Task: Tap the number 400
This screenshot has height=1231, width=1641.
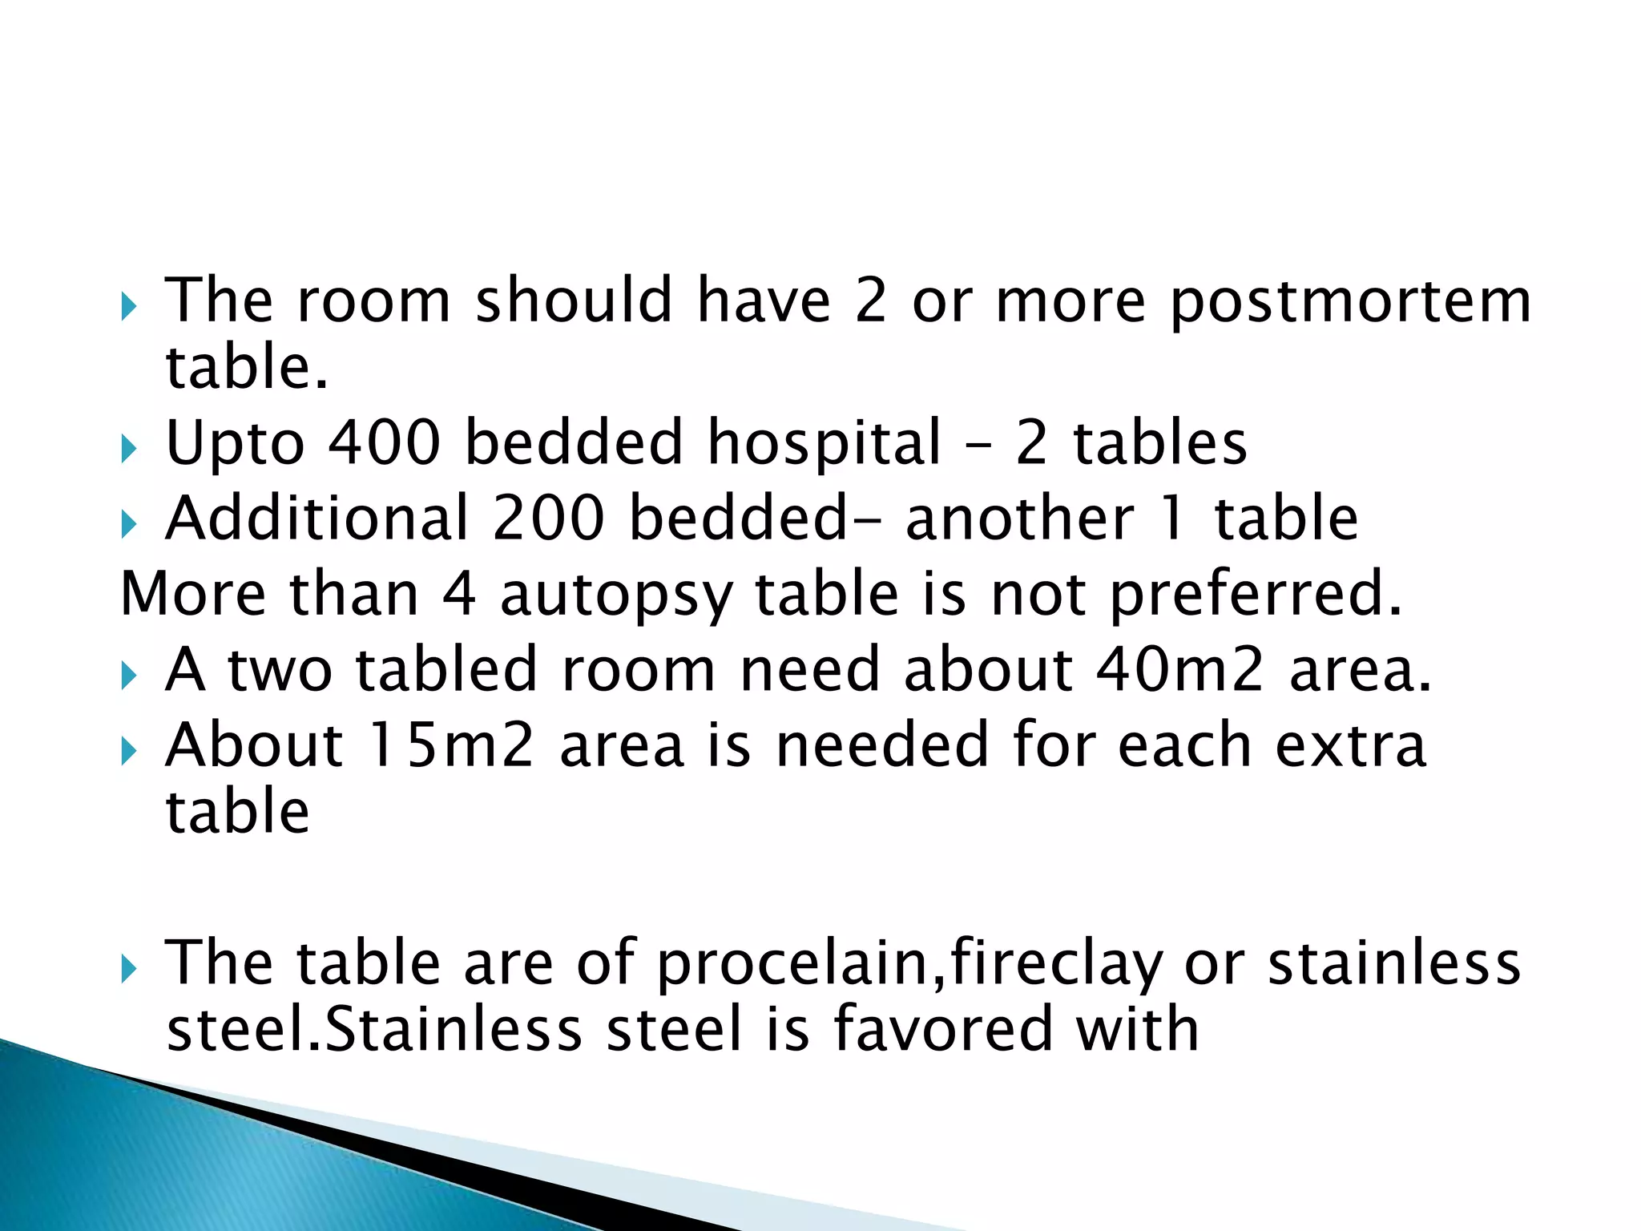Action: click(x=385, y=442)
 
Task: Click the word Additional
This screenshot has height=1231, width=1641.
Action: click(x=317, y=519)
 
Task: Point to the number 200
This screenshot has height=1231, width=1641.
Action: click(x=549, y=519)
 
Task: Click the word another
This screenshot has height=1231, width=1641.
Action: click(x=1019, y=519)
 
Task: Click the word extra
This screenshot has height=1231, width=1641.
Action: click(x=1351, y=745)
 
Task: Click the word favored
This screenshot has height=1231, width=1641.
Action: click(x=942, y=1030)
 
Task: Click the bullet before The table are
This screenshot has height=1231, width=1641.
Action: click(x=128, y=969)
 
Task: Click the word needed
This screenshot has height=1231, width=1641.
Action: click(x=882, y=745)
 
